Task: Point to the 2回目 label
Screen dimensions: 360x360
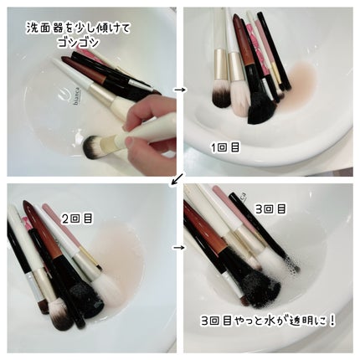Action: (x=76, y=219)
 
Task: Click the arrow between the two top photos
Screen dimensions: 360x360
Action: (x=179, y=86)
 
